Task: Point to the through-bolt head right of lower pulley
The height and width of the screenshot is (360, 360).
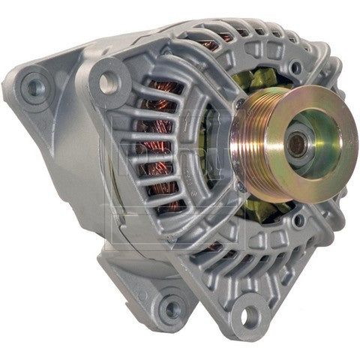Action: click(300, 222)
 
